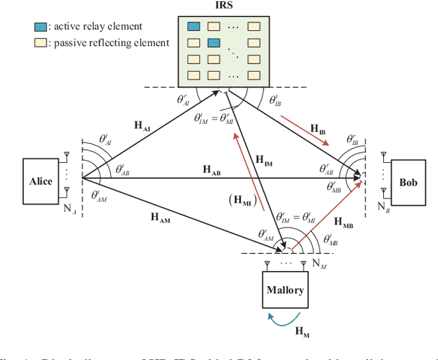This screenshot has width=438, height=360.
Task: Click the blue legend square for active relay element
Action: pyautogui.click(x=40, y=28)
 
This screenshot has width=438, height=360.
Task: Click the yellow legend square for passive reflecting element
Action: pyautogui.click(x=40, y=42)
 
